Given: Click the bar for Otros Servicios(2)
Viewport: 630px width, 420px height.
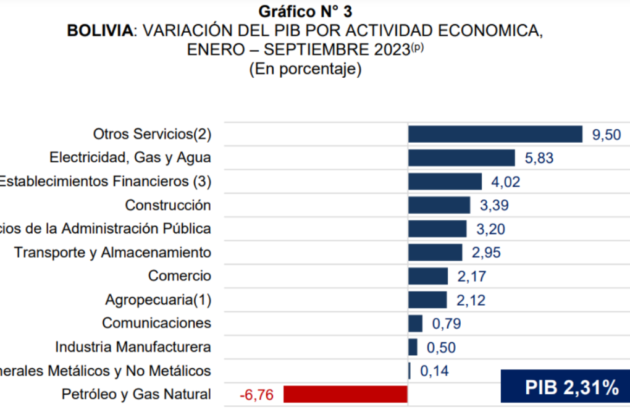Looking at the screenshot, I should click(495, 134).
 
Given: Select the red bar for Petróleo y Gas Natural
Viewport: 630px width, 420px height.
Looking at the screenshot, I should click(345, 394).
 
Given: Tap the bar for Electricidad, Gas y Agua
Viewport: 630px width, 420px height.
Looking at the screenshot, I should click(461, 157).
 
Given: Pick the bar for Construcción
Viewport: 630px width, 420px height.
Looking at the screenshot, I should click(439, 205).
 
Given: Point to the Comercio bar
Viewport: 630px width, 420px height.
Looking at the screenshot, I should click(427, 276).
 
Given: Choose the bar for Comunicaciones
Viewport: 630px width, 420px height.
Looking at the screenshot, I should click(415, 323).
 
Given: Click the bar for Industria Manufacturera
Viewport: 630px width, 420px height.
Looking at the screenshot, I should click(413, 346).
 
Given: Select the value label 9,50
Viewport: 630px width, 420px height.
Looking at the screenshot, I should click(607, 135).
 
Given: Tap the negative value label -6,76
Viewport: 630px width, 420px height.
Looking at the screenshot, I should click(256, 394).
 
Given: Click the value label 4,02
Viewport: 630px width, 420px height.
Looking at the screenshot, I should click(506, 182).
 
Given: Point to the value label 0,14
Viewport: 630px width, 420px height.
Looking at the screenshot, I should click(434, 371).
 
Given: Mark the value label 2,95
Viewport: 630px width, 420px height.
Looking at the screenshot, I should click(486, 253).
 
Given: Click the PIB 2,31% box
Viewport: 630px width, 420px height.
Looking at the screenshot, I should click(565, 388).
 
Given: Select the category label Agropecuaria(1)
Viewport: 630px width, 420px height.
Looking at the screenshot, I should click(158, 300).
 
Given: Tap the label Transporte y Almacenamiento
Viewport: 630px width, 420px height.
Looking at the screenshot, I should click(112, 253).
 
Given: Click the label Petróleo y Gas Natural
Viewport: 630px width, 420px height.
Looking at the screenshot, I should click(136, 394).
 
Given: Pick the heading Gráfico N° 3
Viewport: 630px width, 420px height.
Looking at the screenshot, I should click(305, 11).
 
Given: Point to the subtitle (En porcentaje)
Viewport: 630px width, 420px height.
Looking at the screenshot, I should click(305, 70).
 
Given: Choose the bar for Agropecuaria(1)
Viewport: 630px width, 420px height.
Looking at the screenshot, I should click(427, 300).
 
